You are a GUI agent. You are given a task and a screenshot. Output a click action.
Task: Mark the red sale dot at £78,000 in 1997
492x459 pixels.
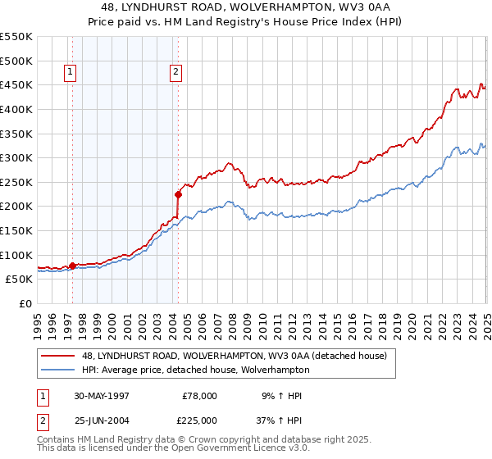coord(72,266)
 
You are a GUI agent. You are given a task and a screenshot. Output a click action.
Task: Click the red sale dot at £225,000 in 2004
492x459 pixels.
coord(178,194)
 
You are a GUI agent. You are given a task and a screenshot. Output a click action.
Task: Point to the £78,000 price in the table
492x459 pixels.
coord(199,396)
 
